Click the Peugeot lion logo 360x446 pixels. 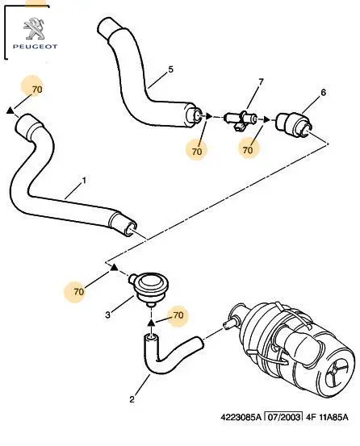(34, 29)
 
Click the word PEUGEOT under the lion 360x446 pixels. (35, 46)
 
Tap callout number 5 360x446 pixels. (170, 69)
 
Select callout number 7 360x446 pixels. (261, 82)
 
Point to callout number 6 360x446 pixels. (324, 93)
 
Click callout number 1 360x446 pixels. (84, 180)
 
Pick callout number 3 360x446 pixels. (107, 315)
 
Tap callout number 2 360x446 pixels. (132, 399)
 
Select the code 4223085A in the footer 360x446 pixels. (241, 417)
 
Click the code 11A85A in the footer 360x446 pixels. (333, 417)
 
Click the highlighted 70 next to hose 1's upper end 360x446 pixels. (37, 90)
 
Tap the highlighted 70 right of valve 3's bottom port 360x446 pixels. (178, 315)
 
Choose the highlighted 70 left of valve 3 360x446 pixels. (79, 291)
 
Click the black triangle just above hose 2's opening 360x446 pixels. (152, 322)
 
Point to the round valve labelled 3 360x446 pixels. (149, 288)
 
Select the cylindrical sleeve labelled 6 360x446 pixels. (295, 125)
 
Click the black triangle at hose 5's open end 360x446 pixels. (209, 116)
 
